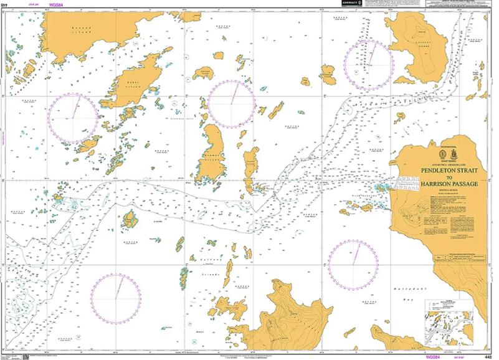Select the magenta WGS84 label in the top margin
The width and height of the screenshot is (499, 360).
click(57, 4)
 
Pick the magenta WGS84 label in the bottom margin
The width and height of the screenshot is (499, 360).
click(434, 357)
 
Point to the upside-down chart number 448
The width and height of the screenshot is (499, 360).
click(6, 4)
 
